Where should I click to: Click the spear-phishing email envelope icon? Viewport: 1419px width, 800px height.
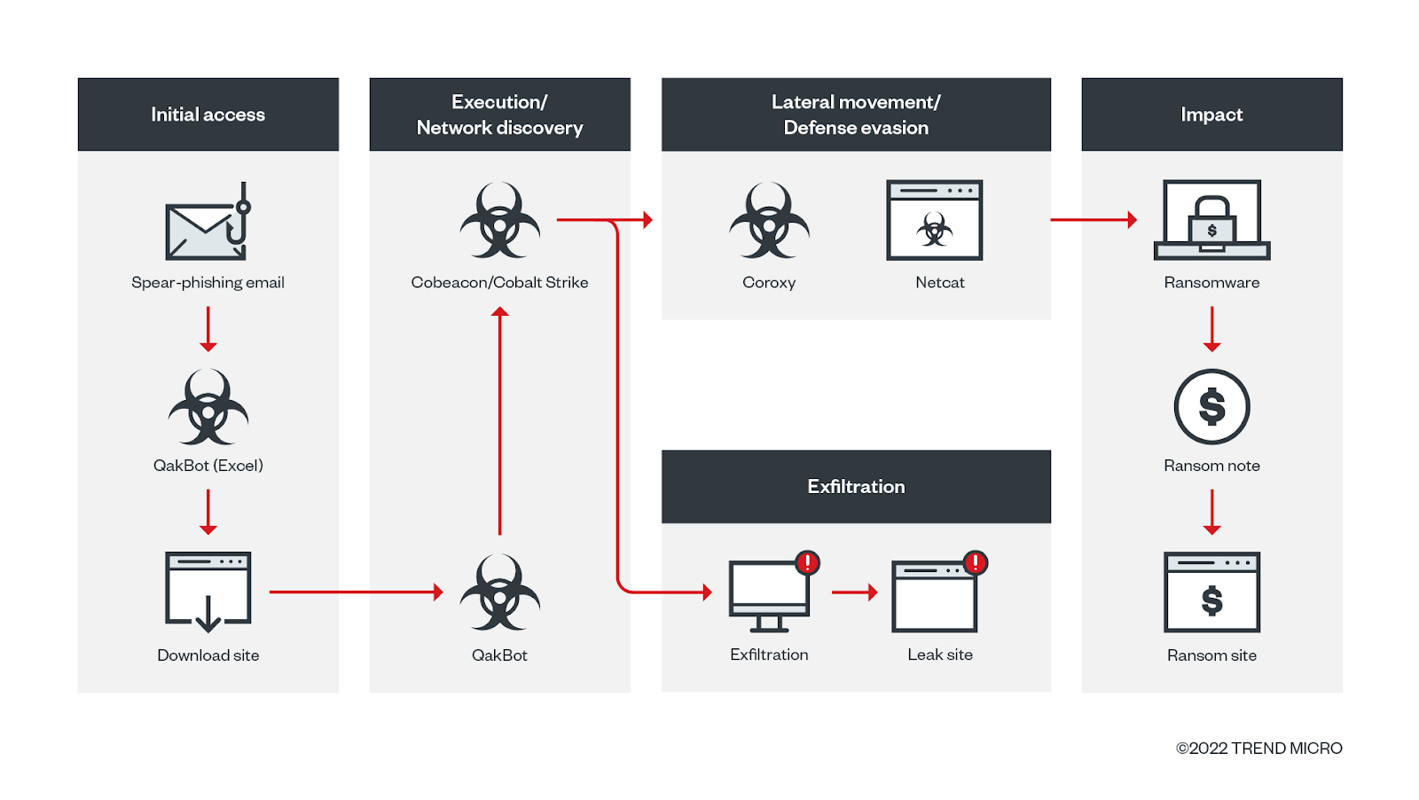[208, 221]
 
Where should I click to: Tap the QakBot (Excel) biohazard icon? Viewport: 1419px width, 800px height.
[208, 406]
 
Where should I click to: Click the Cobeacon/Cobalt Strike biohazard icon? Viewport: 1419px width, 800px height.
[500, 221]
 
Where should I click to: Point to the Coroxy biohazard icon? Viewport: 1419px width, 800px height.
[769, 221]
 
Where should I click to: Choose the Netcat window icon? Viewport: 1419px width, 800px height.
[935, 220]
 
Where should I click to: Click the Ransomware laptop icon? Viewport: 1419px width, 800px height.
[1211, 220]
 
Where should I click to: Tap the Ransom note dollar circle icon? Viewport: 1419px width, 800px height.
[1211, 406]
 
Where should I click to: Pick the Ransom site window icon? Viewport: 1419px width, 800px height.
[1211, 592]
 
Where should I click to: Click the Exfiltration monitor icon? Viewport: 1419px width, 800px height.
[770, 596]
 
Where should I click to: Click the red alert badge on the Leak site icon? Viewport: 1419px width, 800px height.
[976, 562]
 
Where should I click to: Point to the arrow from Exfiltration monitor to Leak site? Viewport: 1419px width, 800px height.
[855, 592]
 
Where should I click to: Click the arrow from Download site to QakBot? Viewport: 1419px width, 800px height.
[356, 592]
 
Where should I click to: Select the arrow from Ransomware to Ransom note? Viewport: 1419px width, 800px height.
[1211, 329]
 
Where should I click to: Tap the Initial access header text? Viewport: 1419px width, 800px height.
[208, 114]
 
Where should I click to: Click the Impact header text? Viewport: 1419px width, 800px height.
[1211, 114]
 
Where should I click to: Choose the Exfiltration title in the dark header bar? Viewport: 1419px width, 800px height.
[857, 486]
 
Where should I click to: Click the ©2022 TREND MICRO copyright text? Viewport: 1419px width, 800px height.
[1259, 748]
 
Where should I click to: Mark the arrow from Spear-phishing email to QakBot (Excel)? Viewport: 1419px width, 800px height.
[208, 329]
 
